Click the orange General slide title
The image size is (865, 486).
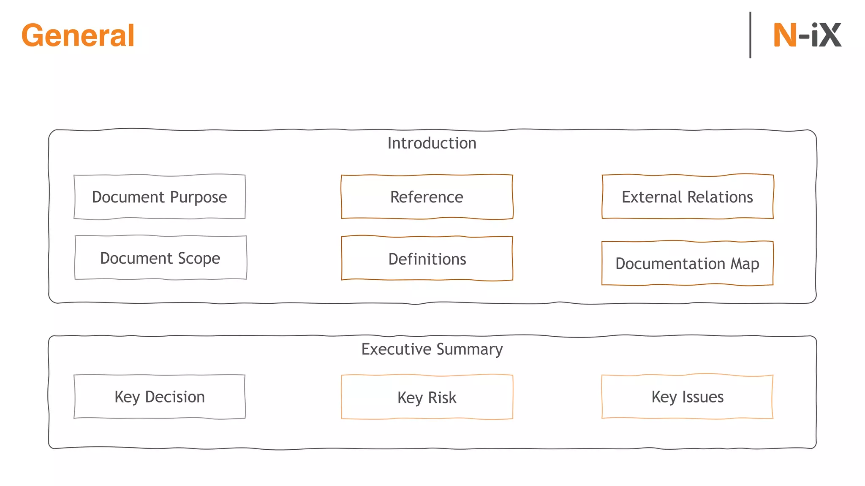pyautogui.click(x=78, y=35)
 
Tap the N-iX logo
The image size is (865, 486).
pyautogui.click(x=807, y=35)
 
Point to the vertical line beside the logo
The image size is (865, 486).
pyautogui.click(x=750, y=35)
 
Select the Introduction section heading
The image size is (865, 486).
pyautogui.click(x=432, y=143)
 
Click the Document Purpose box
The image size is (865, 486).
pyautogui.click(x=160, y=197)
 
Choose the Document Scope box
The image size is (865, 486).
pyautogui.click(x=160, y=258)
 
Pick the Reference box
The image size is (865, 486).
pyautogui.click(x=427, y=197)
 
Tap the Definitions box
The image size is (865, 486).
pyautogui.click(x=427, y=259)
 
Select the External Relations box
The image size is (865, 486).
pyautogui.click(x=687, y=197)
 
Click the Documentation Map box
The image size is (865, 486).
pyautogui.click(x=687, y=263)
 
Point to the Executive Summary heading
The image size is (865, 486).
pyautogui.click(x=432, y=349)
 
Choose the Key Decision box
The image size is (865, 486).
pyautogui.click(x=160, y=397)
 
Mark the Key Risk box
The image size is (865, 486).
pyautogui.click(x=427, y=397)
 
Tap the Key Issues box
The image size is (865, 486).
pyautogui.click(x=687, y=397)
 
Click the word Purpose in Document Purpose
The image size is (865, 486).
pyautogui.click(x=199, y=197)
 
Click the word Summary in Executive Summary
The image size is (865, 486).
pyautogui.click(x=469, y=349)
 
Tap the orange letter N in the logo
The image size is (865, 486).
pyautogui.click(x=785, y=35)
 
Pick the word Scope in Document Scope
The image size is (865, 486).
pyautogui.click(x=199, y=258)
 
